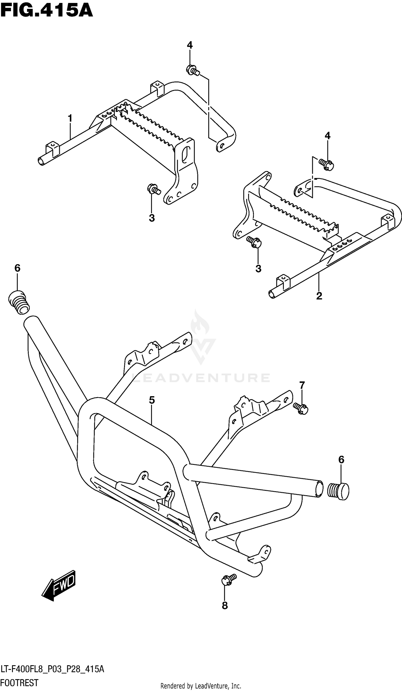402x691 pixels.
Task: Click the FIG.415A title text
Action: click(x=47, y=11)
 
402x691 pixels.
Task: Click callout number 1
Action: click(x=70, y=119)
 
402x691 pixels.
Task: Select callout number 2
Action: click(x=319, y=296)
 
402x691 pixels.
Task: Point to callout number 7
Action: click(x=302, y=385)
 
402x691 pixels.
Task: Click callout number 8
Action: click(x=225, y=605)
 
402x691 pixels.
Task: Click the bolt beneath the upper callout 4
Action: click(x=192, y=70)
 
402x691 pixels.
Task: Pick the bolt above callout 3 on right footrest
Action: click(x=254, y=242)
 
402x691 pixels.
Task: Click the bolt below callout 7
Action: click(x=301, y=408)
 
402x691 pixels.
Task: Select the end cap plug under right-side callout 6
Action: click(x=338, y=492)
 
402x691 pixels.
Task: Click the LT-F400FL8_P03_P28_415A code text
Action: click(x=52, y=669)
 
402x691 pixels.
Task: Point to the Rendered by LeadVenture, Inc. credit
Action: click(x=200, y=686)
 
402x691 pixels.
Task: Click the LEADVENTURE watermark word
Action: click(x=201, y=378)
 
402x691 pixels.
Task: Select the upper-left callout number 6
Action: click(x=17, y=268)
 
